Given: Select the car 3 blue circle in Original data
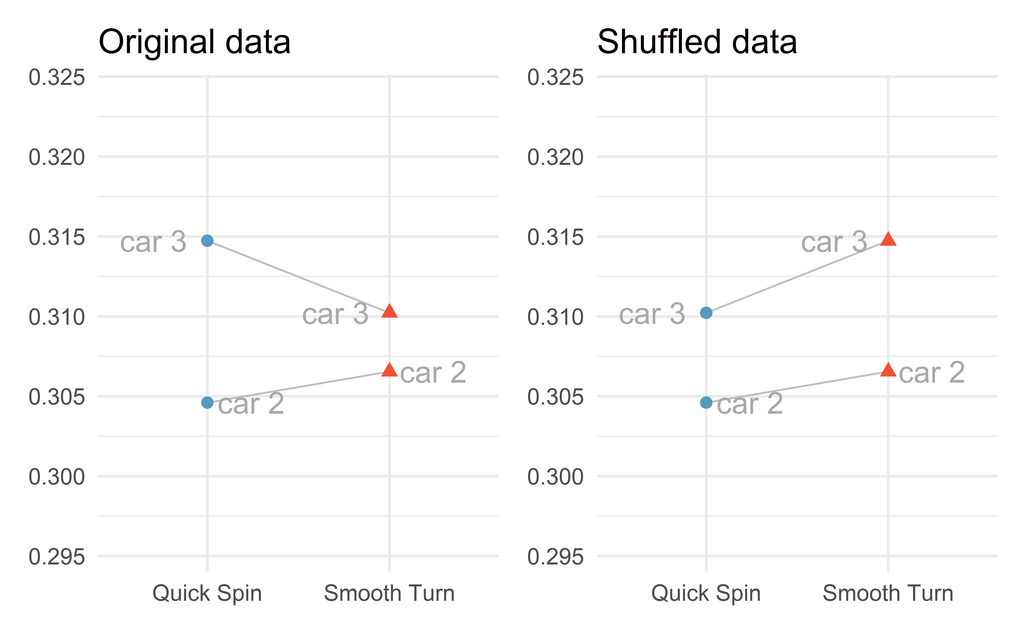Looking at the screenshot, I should [207, 241].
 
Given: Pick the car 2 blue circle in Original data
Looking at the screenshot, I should [207, 403].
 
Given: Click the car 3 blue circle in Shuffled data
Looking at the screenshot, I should [706, 313].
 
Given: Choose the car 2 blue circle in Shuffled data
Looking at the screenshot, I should [706, 403].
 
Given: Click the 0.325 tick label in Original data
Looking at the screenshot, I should [57, 78].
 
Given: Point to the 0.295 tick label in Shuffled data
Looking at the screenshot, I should [555, 557].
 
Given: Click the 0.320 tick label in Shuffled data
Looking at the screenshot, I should [555, 158].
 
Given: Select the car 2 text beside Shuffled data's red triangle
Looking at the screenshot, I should [932, 373].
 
